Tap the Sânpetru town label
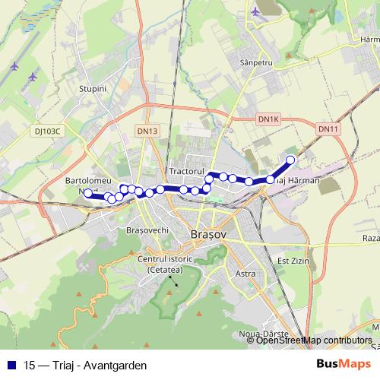[x=255, y=61]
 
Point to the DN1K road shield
[x=268, y=119]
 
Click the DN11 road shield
[x=328, y=129]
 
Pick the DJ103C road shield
[x=47, y=131]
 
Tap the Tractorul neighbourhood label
[x=188, y=173]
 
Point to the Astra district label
[x=245, y=273]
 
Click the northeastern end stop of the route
[x=290, y=160]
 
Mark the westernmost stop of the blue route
[x=88, y=194]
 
